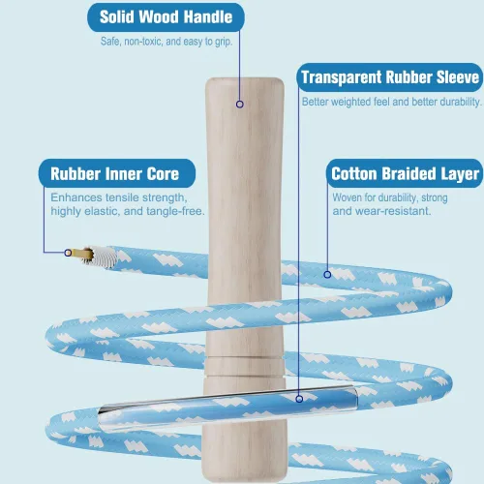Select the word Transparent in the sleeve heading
click(x=342, y=77)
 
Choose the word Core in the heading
click(x=163, y=174)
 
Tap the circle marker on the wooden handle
click(x=240, y=105)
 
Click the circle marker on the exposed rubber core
click(x=68, y=253)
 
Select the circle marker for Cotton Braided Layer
click(x=327, y=275)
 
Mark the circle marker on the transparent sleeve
click(x=299, y=399)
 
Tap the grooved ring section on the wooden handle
click(x=245, y=367)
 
